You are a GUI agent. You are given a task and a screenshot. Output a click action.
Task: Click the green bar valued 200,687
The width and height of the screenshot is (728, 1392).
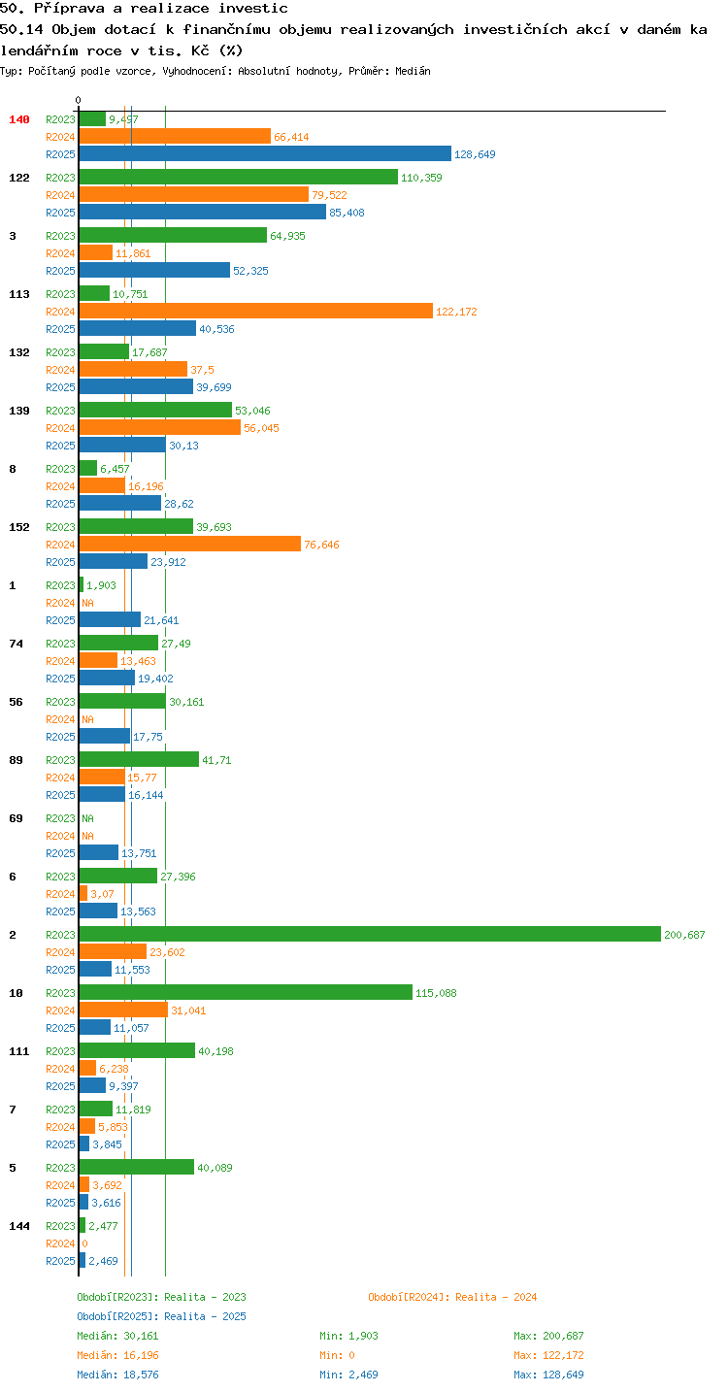coord(370,934)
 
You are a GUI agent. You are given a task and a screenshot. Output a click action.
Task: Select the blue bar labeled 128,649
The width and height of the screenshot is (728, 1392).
coord(265,153)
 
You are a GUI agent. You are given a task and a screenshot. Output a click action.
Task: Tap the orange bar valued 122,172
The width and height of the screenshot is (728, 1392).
coord(255,311)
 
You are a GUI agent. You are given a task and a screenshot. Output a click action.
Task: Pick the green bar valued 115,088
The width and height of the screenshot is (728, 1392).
coord(246,992)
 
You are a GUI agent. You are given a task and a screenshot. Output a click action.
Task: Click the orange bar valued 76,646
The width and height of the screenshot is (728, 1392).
coord(189,544)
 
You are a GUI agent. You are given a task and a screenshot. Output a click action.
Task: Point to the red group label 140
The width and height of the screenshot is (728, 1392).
coord(19,119)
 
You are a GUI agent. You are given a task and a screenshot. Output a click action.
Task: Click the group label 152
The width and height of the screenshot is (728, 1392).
coord(19,527)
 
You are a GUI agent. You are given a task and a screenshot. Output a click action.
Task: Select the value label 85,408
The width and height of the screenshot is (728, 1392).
coord(347,213)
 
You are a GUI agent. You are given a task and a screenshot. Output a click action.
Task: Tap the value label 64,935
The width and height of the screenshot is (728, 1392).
coord(287,236)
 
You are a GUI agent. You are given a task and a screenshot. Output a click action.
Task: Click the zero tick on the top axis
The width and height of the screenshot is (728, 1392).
coord(79,100)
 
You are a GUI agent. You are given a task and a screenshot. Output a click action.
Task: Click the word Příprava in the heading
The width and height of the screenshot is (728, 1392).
coord(69,8)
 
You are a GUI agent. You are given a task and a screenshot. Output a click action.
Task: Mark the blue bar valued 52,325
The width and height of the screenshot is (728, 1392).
coord(154,270)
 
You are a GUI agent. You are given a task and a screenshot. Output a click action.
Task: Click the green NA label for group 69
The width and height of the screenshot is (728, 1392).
coord(87,818)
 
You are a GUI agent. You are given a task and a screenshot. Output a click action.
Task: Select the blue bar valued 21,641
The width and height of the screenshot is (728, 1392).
coord(110,619)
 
